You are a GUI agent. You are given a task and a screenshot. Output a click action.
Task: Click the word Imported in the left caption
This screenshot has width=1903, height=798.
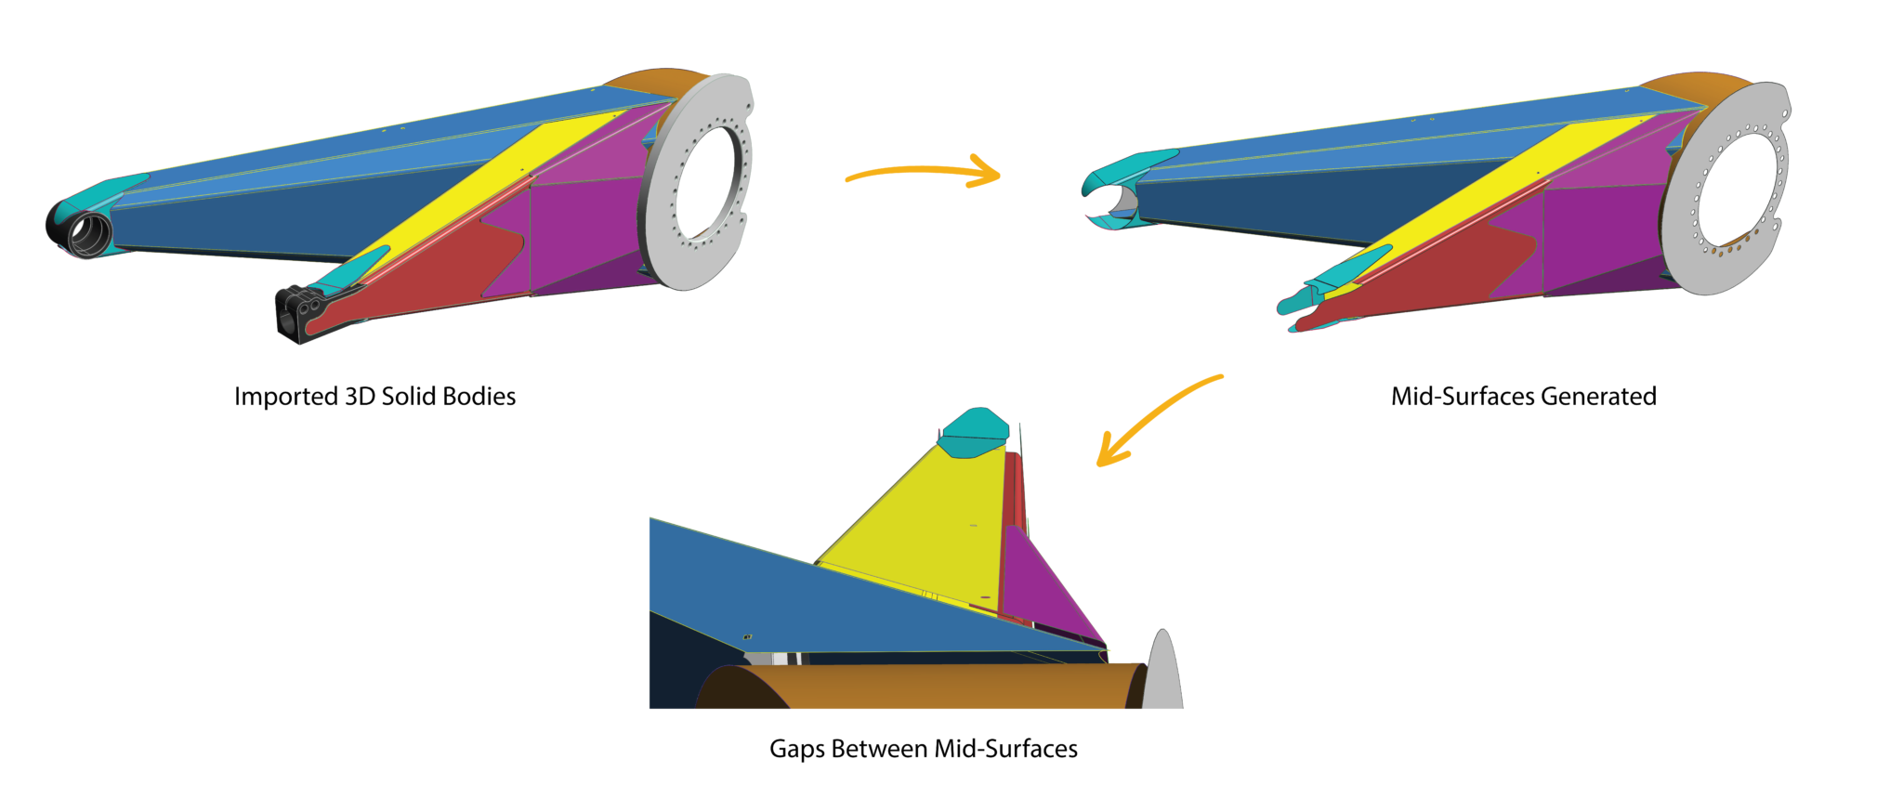click(x=285, y=397)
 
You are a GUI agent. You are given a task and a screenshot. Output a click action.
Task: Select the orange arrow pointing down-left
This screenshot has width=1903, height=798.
click(x=1152, y=418)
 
